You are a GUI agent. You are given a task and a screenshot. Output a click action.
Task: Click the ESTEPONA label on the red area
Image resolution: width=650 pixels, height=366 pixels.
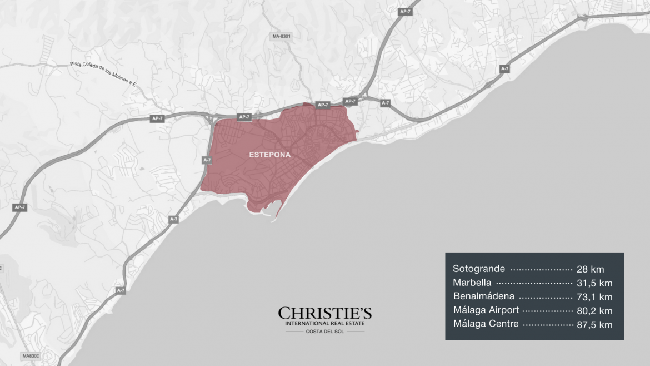click(270, 155)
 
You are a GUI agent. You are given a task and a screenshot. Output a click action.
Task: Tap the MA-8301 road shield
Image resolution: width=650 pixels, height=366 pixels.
click(282, 37)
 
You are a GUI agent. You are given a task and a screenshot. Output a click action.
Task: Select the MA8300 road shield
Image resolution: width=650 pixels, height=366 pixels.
click(31, 355)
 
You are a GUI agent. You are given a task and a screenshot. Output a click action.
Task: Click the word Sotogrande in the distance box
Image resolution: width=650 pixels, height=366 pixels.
click(479, 269)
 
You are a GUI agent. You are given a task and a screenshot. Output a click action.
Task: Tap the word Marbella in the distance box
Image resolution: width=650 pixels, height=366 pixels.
click(472, 283)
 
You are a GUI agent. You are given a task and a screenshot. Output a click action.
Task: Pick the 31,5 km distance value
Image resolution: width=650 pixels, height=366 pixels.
click(594, 283)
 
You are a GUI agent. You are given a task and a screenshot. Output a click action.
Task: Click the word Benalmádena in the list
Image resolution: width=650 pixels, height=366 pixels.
click(483, 296)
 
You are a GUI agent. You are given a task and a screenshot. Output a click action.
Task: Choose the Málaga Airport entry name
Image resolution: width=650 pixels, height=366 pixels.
click(486, 310)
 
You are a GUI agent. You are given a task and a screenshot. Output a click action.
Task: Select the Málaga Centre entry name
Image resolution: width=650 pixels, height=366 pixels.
click(486, 324)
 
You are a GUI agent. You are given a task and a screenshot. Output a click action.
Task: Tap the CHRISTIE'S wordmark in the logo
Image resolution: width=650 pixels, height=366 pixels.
click(325, 314)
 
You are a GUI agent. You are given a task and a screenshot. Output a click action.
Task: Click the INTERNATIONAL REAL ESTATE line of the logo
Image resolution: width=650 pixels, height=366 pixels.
click(325, 324)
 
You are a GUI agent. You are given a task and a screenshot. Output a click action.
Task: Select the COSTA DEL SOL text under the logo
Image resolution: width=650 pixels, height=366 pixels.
click(325, 332)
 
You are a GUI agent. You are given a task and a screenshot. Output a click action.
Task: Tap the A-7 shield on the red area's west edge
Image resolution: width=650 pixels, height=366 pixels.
click(207, 160)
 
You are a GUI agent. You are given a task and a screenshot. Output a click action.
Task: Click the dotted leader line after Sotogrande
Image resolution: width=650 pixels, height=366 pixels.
click(541, 269)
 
